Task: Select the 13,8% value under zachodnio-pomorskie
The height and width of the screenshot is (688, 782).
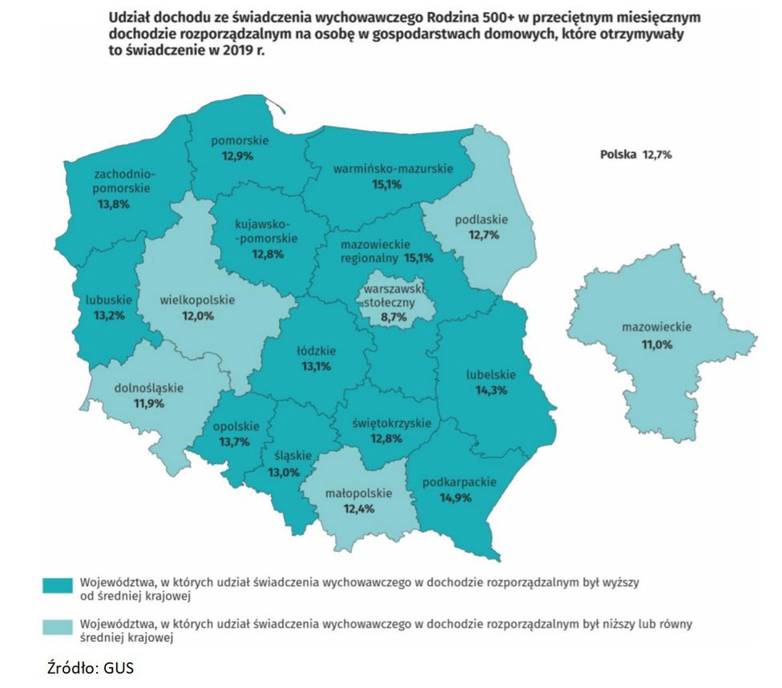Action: point(113,204)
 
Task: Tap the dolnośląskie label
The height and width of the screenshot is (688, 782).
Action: point(150,388)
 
